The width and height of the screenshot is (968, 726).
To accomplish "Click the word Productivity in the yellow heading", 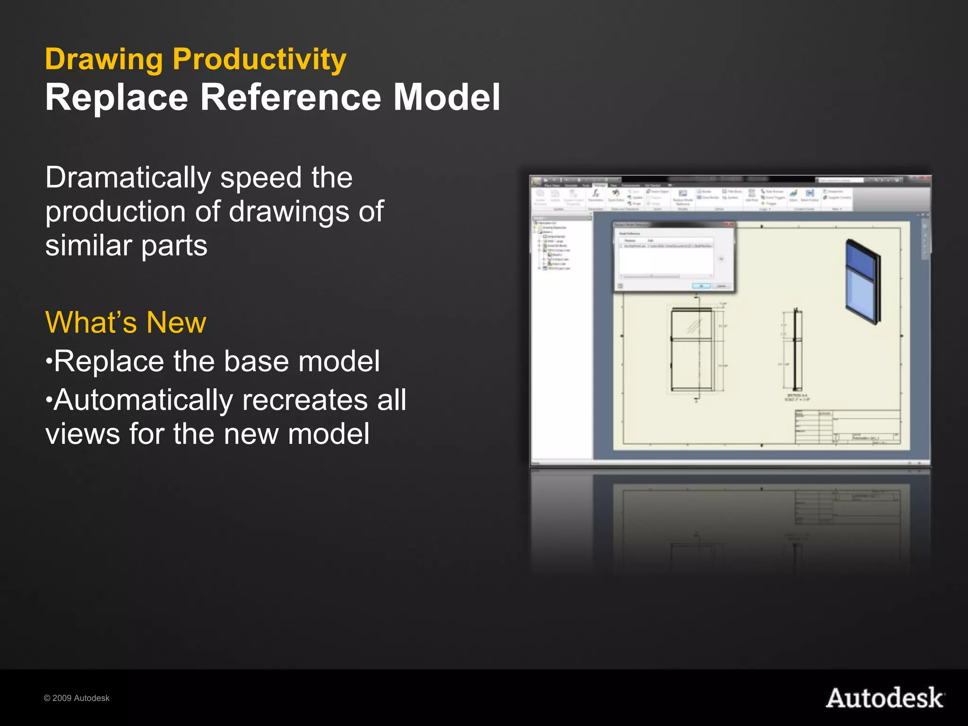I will point(259,60).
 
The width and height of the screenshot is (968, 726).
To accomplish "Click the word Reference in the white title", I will point(290,97).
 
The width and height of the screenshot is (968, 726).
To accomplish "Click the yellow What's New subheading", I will point(125,322).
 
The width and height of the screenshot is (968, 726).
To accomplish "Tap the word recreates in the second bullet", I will point(305,400).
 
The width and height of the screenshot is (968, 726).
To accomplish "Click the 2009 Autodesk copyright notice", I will point(77,698).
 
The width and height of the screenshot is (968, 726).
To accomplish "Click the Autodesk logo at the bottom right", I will point(885,698).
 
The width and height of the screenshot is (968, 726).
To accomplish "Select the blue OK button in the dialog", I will point(701,286).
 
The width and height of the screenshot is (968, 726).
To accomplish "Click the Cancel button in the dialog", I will point(721,286).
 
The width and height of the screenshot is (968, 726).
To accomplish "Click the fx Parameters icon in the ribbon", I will point(596,194).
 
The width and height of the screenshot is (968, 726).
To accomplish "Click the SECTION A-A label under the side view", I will point(797,396).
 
